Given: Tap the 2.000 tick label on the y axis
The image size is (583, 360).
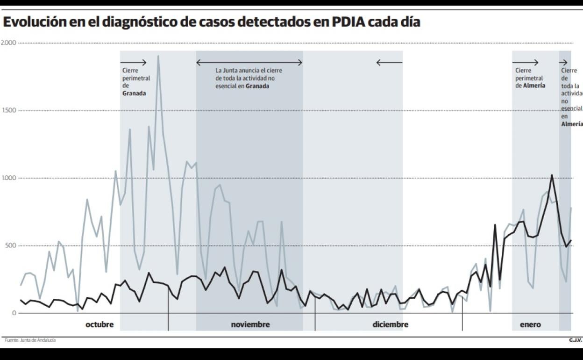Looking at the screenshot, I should click(x=8, y=43).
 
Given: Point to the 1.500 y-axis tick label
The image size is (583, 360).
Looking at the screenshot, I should click(x=8, y=111).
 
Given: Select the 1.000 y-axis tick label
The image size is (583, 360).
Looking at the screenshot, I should click(x=8, y=178).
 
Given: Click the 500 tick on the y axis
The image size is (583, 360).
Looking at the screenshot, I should click(x=10, y=246).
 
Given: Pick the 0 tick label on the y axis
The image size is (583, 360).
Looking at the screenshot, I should click(x=14, y=313).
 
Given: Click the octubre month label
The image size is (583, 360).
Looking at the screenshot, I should click(x=100, y=324).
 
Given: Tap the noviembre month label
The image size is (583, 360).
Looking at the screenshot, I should click(x=250, y=324).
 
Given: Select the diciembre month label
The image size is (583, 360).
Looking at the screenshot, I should click(x=391, y=324).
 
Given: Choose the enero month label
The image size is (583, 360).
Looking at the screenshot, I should click(x=530, y=324).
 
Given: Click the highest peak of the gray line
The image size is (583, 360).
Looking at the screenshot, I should click(x=158, y=56).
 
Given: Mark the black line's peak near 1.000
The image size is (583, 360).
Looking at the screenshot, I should click(x=552, y=175).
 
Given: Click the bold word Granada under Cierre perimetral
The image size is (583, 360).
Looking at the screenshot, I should click(x=134, y=94).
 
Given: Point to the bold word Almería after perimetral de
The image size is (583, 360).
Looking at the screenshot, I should click(x=534, y=86).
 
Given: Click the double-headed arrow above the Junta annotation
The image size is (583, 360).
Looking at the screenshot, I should click(x=249, y=62).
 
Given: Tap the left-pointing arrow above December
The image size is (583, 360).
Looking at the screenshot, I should click(x=389, y=62).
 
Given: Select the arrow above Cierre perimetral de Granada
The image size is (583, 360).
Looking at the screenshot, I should click(x=134, y=62).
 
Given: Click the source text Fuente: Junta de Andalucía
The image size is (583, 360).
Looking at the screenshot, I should click(x=30, y=340).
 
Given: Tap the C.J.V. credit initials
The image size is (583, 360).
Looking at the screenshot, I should click(x=576, y=340).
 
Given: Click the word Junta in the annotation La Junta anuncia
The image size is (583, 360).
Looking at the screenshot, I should click(x=229, y=71).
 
